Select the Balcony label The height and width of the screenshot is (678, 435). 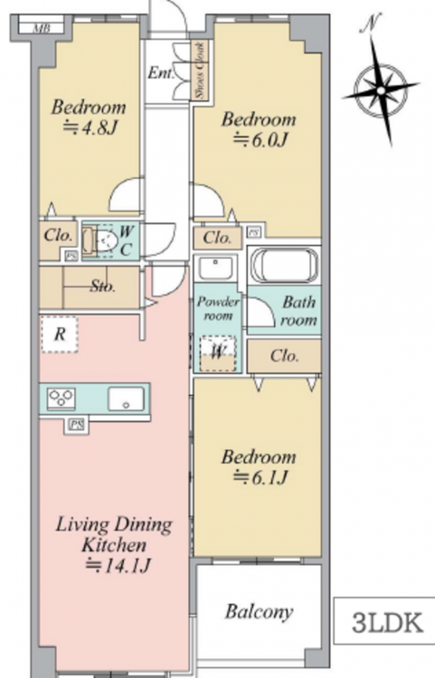(259, 612)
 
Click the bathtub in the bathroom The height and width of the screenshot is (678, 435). (284, 265)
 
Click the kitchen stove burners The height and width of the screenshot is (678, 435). (61, 398)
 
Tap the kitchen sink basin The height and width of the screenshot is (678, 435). (126, 399)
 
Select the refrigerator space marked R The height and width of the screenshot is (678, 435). (60, 334)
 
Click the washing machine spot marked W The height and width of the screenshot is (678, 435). (218, 353)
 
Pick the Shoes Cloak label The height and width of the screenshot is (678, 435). (201, 70)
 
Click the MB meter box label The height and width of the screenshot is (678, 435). (42, 29)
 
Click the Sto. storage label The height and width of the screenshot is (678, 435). (103, 286)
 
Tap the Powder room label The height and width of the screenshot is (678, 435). (217, 308)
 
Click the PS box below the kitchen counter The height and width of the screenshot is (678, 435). (77, 425)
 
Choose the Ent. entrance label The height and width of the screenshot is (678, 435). (161, 73)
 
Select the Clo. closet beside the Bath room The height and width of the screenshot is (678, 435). (284, 355)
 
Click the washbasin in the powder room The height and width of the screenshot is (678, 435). (215, 268)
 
